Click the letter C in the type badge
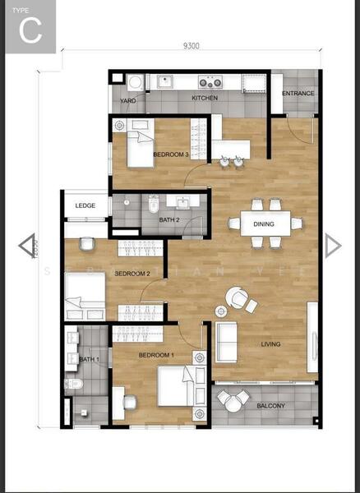30,31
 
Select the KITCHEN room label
205,99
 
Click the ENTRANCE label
298,94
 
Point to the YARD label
128,102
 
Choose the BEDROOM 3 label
171,154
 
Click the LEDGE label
85,205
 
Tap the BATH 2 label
168,219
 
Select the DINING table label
264,223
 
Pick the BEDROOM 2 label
132,274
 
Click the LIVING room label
271,344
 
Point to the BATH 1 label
89,359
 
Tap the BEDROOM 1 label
155,355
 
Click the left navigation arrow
26,245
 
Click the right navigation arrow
332,245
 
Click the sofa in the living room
225,343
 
